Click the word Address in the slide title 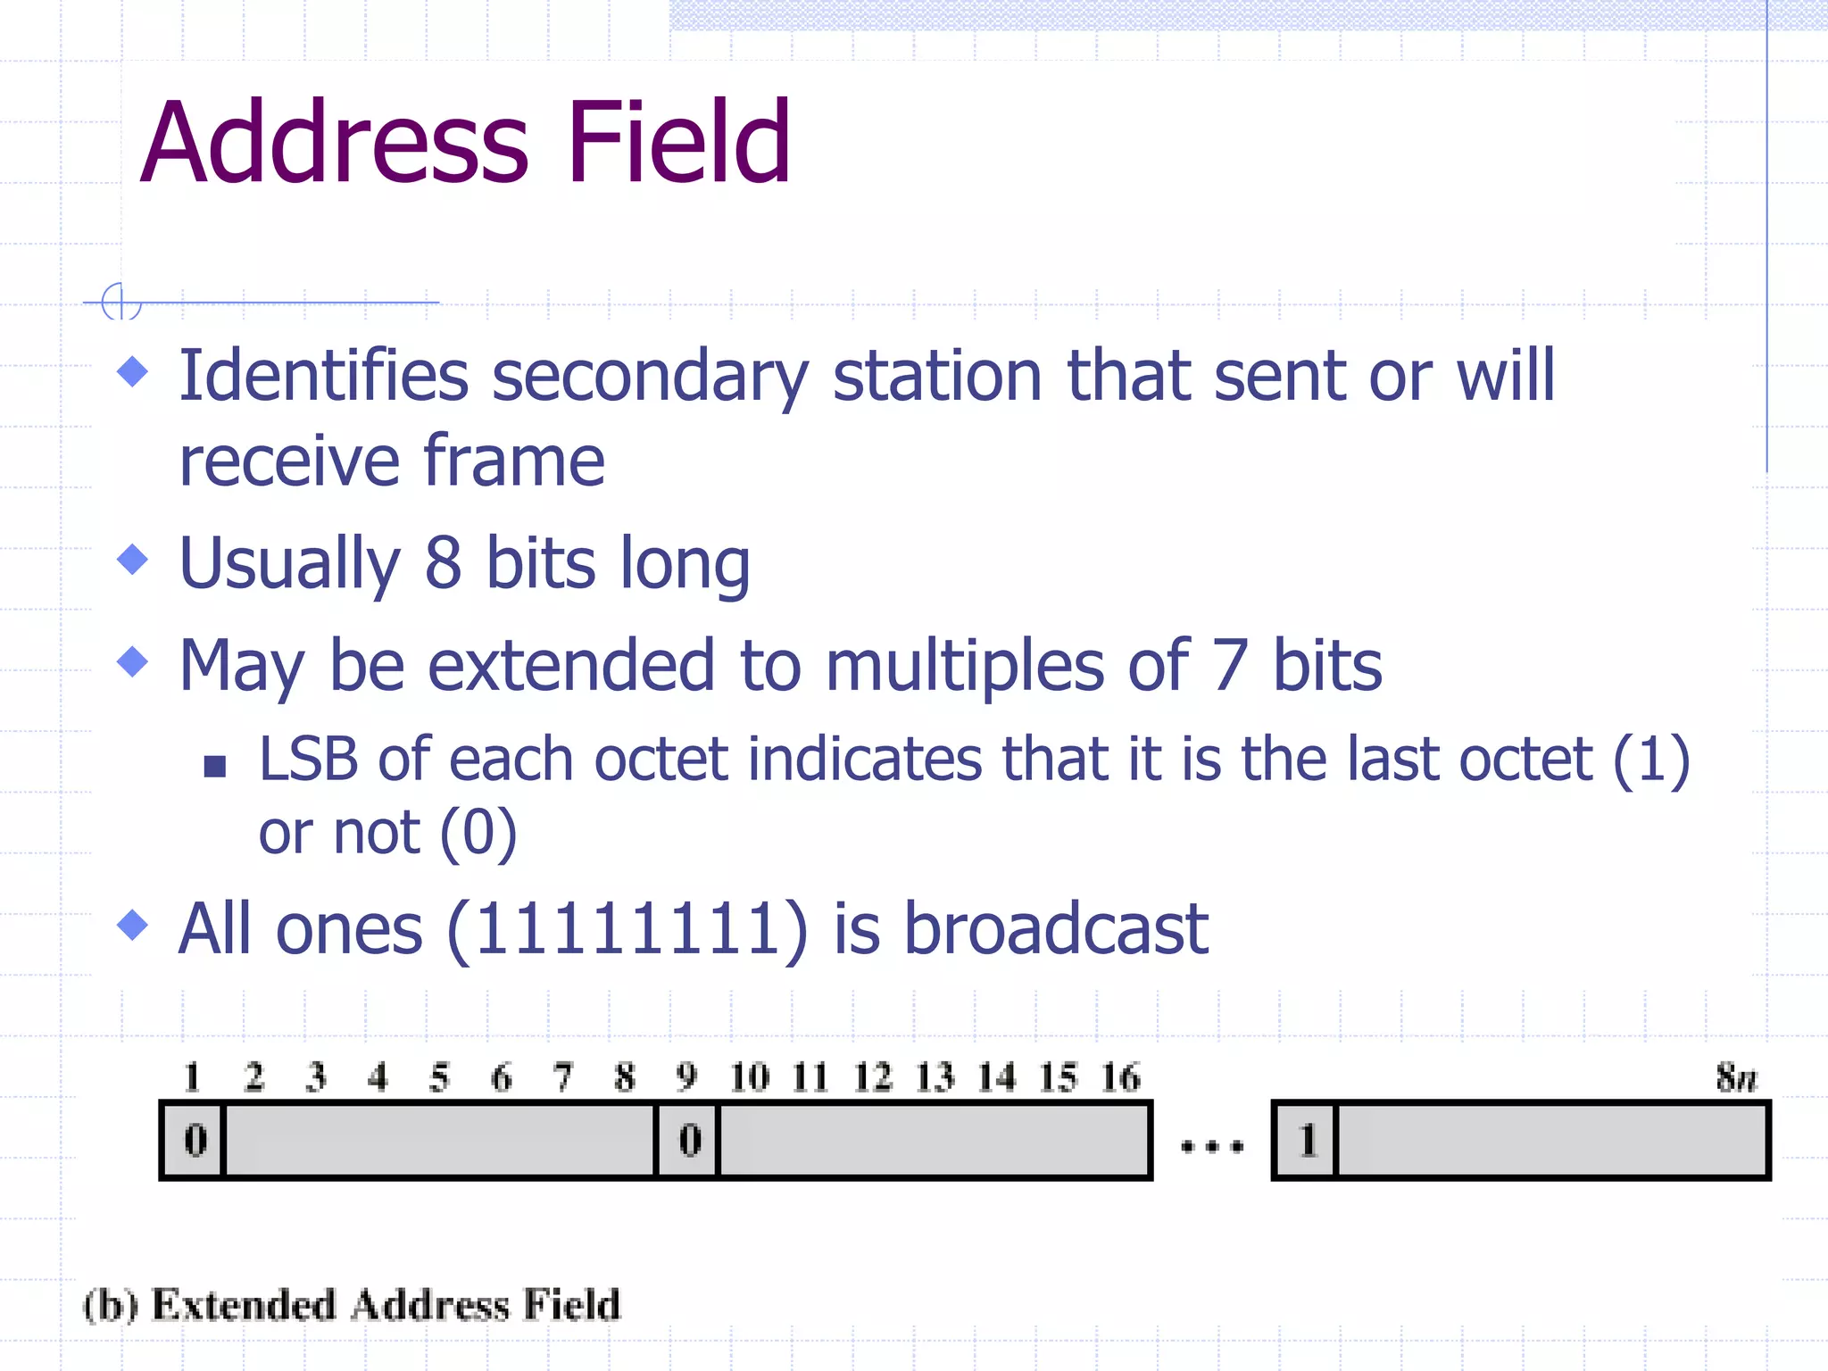click(x=335, y=143)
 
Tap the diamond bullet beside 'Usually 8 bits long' click(x=133, y=560)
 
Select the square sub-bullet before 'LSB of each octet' click(x=214, y=766)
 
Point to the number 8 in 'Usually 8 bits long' click(x=443, y=563)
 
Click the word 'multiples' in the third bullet click(x=966, y=666)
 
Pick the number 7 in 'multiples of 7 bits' click(x=1230, y=666)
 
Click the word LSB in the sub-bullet click(x=308, y=760)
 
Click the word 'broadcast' click(x=1056, y=929)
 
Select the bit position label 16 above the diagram click(x=1120, y=1077)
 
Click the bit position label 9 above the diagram click(x=685, y=1077)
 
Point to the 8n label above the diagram click(x=1736, y=1077)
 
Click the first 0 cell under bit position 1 click(x=195, y=1141)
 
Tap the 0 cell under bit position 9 click(x=689, y=1141)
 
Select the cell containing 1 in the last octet click(x=1307, y=1141)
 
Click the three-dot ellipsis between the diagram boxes click(x=1211, y=1146)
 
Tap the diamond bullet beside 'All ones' click(x=133, y=925)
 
